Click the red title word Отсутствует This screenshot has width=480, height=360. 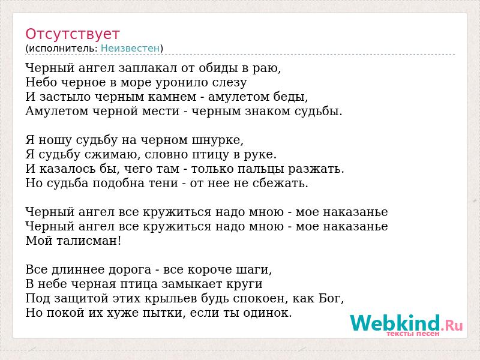coord(72,34)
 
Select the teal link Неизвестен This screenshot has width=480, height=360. coord(130,48)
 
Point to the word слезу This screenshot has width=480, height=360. coord(230,82)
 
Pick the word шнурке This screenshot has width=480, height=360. coord(218,140)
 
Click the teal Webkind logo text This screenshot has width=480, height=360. coord(395,323)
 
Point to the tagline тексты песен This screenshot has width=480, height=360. coord(413,334)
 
